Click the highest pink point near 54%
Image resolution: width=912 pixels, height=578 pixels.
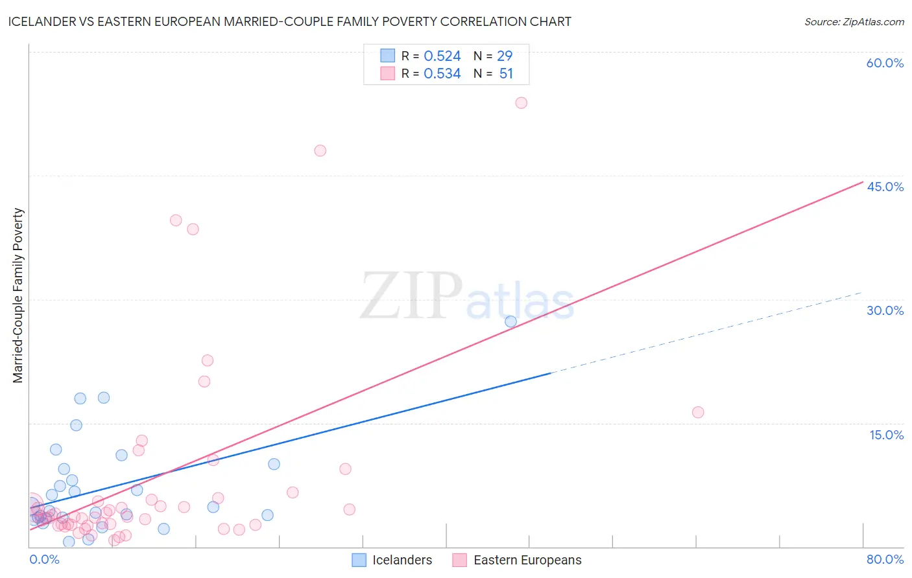[x=521, y=103]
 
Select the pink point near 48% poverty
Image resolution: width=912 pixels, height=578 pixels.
[x=320, y=151]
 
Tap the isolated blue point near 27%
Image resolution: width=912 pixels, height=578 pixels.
[x=510, y=321]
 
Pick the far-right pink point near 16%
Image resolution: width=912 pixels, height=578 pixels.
[x=698, y=412]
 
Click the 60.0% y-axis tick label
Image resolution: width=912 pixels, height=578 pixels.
[x=885, y=63]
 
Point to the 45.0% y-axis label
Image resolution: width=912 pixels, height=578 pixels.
[x=885, y=187]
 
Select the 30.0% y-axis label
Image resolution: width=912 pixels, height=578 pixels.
[x=885, y=310]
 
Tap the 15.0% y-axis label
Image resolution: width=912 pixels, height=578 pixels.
[x=886, y=435]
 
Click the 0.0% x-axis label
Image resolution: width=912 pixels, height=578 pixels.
[x=44, y=560]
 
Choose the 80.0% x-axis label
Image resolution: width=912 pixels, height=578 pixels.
[x=885, y=560]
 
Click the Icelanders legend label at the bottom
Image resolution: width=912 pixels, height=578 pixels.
[x=402, y=561]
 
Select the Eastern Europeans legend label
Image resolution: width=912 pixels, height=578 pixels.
[x=527, y=561]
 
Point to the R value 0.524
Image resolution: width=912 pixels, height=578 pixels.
[x=442, y=56]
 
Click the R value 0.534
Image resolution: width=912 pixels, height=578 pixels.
[x=442, y=74]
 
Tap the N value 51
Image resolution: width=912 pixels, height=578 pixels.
[x=506, y=74]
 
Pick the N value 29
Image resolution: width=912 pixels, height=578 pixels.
[x=505, y=56]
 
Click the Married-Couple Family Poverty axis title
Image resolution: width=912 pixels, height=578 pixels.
[x=18, y=295]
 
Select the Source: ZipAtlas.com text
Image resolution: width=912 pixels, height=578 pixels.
[x=854, y=22]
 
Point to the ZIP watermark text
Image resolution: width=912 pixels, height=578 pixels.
[x=411, y=296]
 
